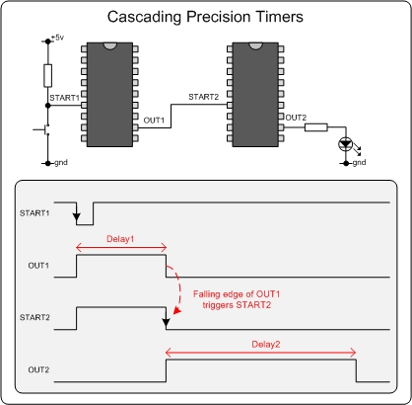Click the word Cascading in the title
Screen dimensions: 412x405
[145, 17]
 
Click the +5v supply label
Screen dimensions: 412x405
[57, 38]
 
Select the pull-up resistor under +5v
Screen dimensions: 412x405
[48, 76]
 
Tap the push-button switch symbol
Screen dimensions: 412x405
[42, 129]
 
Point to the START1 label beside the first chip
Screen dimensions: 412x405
[64, 98]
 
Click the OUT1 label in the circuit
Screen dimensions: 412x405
[154, 121]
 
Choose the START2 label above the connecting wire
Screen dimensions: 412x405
[203, 97]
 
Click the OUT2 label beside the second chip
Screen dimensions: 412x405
[296, 118]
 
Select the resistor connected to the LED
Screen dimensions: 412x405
[316, 127]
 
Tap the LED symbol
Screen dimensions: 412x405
[346, 144]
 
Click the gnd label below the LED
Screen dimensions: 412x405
[359, 162]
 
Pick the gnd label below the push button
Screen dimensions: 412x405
[61, 163]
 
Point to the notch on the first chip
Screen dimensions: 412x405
[109, 45]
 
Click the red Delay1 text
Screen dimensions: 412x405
[120, 239]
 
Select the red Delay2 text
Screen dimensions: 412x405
[266, 345]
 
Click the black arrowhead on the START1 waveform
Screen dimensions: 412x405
[77, 217]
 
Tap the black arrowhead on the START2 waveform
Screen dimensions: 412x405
[167, 322]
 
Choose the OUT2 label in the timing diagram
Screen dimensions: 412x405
[38, 369]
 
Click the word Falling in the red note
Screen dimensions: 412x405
[206, 294]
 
